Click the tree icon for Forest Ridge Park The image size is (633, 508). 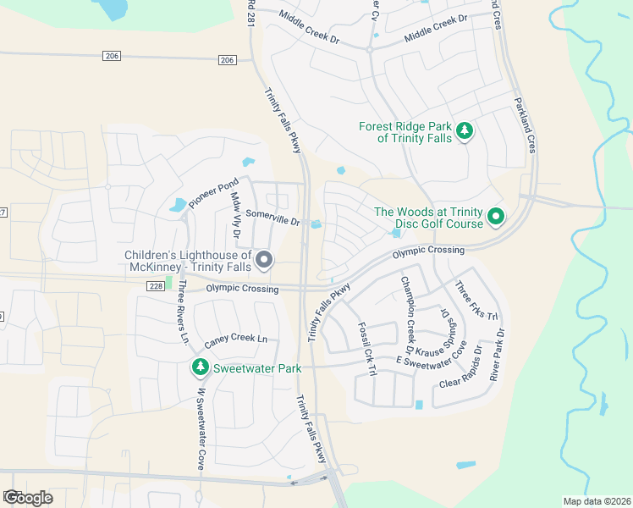click(464, 130)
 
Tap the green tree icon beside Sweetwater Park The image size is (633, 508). click(200, 367)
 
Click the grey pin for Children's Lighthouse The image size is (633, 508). click(264, 260)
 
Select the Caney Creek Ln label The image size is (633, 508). click(236, 341)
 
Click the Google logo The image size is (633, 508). click(28, 497)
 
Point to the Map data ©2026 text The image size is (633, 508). click(596, 501)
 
